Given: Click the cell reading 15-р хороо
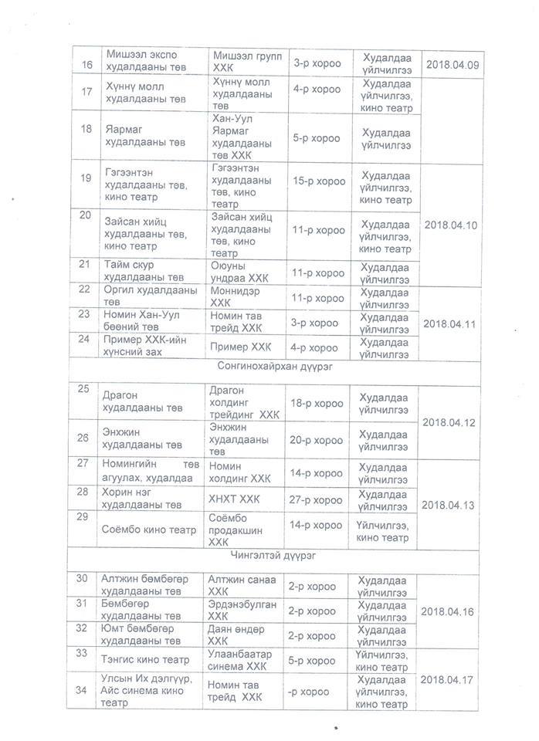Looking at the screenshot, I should coord(319,182).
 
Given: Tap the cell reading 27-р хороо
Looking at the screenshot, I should coord(319,499).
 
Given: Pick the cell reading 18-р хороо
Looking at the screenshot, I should coord(319,403).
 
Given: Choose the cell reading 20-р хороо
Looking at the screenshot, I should coord(319,440).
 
